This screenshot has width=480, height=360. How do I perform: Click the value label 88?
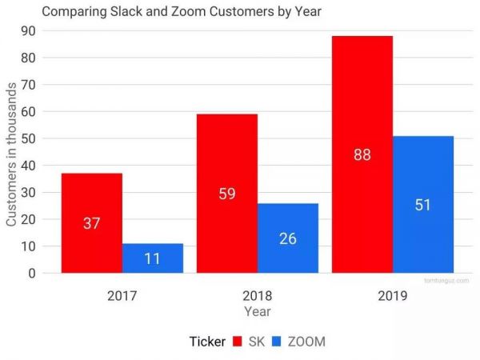coord(362,154)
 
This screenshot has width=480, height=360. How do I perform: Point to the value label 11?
coord(153,258)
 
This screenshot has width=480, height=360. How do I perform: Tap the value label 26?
coord(288,238)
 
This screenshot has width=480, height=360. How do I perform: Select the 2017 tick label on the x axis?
coord(122,295)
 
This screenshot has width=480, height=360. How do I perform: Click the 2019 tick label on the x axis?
coord(393,295)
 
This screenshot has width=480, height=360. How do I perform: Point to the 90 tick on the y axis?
coord(29,30)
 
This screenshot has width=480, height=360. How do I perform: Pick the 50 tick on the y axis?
coord(29,138)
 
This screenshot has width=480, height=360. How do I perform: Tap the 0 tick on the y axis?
coord(32,273)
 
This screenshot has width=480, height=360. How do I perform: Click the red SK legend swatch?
coord(238,342)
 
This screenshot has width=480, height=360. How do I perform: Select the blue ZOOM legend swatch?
coord(277,342)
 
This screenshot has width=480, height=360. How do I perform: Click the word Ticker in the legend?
coord(207,342)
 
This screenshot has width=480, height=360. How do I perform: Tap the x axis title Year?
coord(258,311)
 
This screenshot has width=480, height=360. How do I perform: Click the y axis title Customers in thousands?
coord(12,152)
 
